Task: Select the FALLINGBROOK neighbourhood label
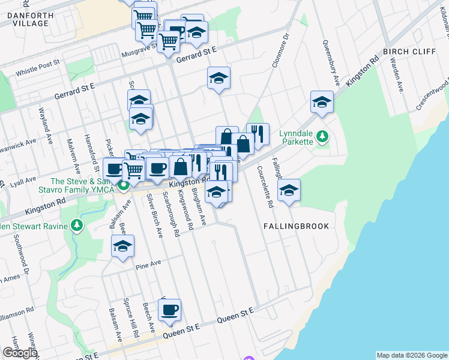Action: coord(296,226)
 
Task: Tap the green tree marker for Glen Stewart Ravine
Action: coord(76,226)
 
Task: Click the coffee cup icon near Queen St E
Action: coord(169,310)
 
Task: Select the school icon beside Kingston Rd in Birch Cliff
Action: coord(322,102)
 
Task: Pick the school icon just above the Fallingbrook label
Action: coord(289,190)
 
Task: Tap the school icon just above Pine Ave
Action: coord(123,246)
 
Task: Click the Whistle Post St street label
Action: coord(37,62)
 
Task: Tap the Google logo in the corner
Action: coord(20,353)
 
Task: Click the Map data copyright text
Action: coord(411,355)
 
